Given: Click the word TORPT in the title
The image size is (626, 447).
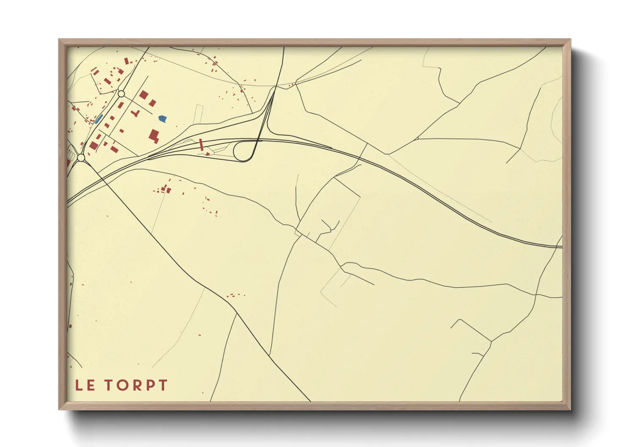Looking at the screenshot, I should pos(136,385).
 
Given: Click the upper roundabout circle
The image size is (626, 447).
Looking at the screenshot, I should pos(121,94).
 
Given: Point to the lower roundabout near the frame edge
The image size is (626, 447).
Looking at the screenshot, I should pos(81,158).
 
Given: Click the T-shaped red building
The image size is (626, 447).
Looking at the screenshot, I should pos(135,113).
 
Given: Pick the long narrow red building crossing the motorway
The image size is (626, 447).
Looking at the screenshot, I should pos(201,144).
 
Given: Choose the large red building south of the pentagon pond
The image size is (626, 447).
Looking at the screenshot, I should pos(154,136).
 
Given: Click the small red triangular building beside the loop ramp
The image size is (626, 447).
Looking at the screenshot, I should pos(207,154).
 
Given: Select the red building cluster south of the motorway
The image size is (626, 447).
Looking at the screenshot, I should pos(164,189).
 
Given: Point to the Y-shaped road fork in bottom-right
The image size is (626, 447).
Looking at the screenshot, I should pos(491,341).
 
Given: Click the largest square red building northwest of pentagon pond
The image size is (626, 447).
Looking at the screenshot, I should pos(144,95).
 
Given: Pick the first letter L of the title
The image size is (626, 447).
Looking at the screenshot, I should pos(79,385).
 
